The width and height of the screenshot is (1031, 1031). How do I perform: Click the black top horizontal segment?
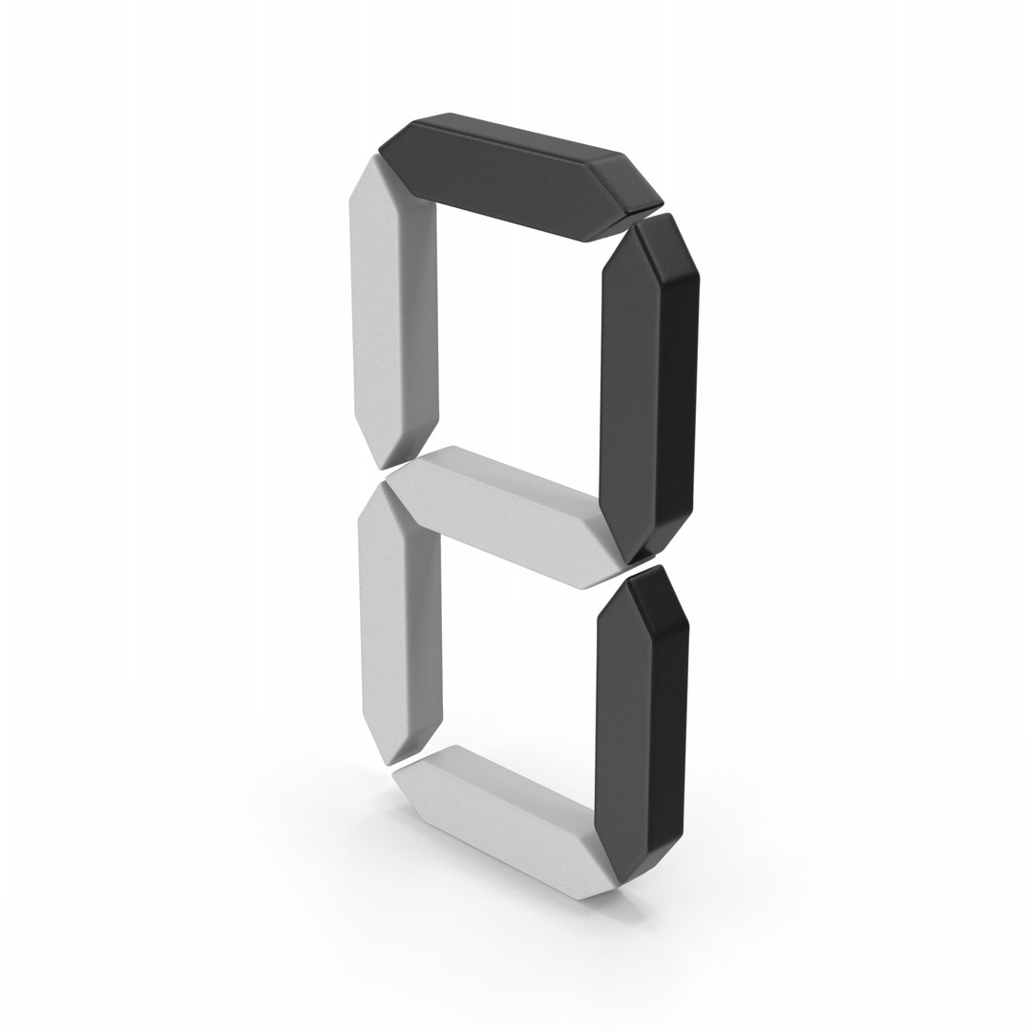coord(520,178)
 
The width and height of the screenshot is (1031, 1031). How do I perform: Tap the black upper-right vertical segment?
coord(649,391)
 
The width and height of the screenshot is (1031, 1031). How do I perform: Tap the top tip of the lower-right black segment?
coord(657,567)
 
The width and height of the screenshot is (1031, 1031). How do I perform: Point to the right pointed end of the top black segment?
coord(661,202)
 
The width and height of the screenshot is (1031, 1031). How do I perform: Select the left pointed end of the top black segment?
coord(381,146)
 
